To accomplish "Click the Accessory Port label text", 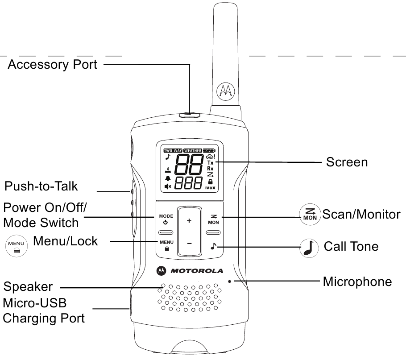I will pos(52,64).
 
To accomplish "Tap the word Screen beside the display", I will pos(347,161).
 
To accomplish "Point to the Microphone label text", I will pos(357,281).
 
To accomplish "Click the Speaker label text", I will pos(28,287).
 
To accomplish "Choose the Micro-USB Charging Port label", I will pos(43,311).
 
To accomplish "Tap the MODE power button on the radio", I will pos(166,219).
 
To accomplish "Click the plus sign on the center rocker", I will pos(189,221).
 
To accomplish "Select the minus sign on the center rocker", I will pos(189,244).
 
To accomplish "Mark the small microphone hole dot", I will pos(229,281).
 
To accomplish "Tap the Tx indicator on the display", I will pos(210,163).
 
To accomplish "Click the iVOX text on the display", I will pos(210,188).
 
